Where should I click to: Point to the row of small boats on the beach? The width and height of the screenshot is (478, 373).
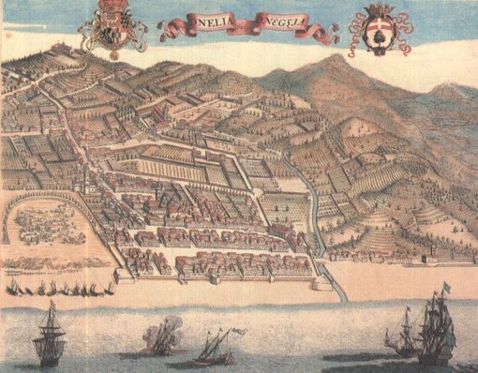(61, 289)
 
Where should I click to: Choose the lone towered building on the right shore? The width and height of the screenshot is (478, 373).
(429, 258)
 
